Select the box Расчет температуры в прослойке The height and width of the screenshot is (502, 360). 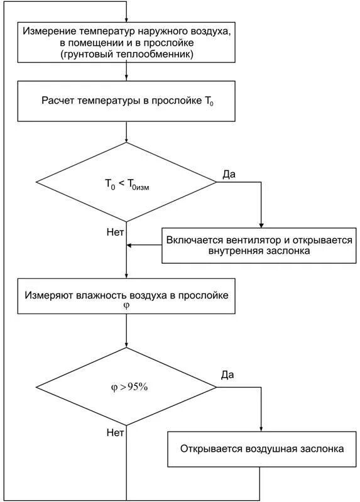click(127, 101)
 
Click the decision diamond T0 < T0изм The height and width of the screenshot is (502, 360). click(127, 183)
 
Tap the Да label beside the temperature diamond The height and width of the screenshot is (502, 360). click(229, 173)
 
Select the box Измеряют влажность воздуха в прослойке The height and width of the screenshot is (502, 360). click(127, 296)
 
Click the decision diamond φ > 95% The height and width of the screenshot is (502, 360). click(127, 387)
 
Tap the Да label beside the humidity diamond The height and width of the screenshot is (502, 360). click(227, 375)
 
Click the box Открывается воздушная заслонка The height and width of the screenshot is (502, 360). click(262, 449)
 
